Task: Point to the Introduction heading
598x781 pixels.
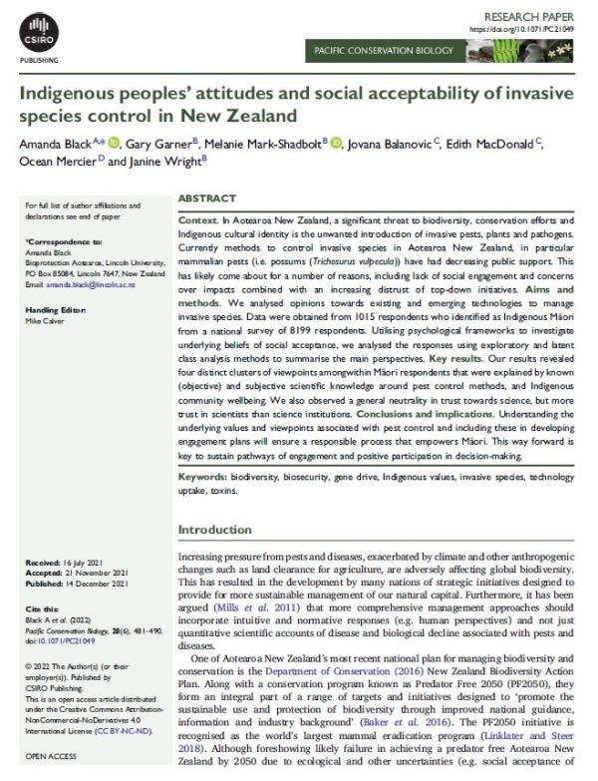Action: coord(215,530)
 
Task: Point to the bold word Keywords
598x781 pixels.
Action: coord(203,479)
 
